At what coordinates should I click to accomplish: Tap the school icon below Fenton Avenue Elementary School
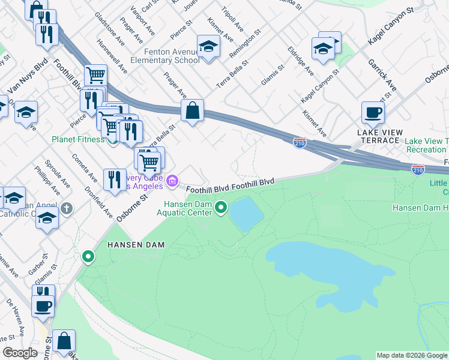coord(208,46)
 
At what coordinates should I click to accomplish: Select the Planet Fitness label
coord(78,140)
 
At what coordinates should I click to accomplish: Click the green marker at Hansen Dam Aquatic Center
coord(221,208)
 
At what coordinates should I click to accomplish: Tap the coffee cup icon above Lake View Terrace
coord(373,112)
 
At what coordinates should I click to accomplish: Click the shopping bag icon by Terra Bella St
coord(192,111)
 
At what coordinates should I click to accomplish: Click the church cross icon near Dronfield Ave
coord(66,209)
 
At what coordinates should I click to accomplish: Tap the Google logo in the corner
coord(19,353)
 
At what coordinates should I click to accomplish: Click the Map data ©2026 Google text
coord(411,355)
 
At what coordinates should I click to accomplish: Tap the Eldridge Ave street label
coord(300,61)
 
